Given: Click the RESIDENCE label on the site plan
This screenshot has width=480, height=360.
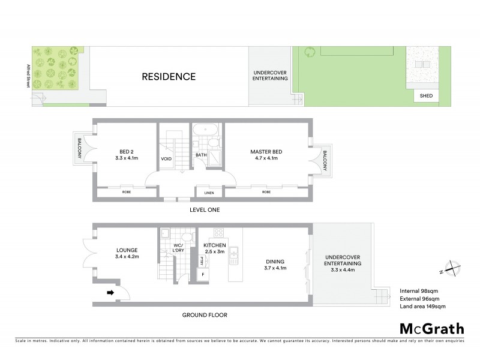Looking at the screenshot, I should point(169,77).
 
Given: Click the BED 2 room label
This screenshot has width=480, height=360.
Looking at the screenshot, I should point(126,152).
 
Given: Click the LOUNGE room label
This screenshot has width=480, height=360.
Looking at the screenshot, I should point(128,250).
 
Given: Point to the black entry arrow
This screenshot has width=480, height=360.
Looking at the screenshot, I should point(110,293).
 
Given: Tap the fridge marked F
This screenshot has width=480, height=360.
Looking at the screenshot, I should point(203,274).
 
